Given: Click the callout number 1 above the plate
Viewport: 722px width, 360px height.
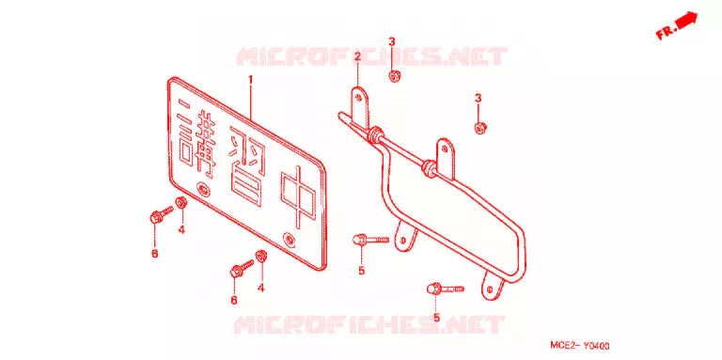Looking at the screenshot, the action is pyautogui.click(x=251, y=80).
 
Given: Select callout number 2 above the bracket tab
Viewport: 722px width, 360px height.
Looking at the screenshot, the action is pyautogui.click(x=357, y=57).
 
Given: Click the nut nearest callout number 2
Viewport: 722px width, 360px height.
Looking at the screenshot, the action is pyautogui.click(x=394, y=76).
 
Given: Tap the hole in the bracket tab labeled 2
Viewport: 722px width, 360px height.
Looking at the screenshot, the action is pyautogui.click(x=358, y=97).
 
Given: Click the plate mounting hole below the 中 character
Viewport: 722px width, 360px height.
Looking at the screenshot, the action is pyautogui.click(x=290, y=240).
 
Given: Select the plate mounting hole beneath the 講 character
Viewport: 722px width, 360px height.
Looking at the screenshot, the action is pyautogui.click(x=202, y=189).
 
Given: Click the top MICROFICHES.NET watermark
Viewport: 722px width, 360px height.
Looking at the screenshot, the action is pyautogui.click(x=372, y=57).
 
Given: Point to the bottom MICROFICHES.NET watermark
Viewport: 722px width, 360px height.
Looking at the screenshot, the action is pyautogui.click(x=369, y=324).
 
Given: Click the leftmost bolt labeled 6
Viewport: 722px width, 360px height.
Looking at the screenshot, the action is pyautogui.click(x=161, y=214).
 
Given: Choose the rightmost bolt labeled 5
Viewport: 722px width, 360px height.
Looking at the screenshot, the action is pyautogui.click(x=446, y=290).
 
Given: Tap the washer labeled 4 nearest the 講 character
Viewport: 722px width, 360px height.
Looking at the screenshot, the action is pyautogui.click(x=180, y=202).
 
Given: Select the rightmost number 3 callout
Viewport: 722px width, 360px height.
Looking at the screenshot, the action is pyautogui.click(x=478, y=98).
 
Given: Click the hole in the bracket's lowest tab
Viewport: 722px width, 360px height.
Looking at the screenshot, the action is pyautogui.click(x=490, y=289).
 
